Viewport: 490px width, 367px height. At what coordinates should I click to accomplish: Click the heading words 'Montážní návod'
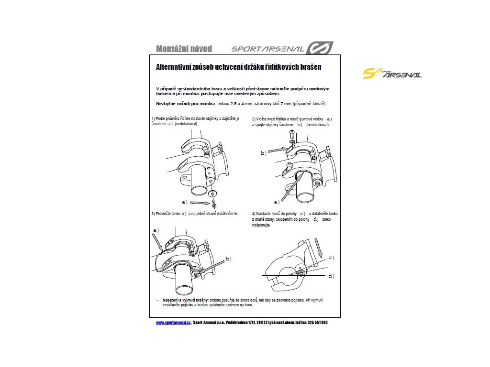184,49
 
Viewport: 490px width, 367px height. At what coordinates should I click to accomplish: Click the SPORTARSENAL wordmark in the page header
268,49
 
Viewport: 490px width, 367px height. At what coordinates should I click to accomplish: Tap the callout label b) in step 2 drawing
263,153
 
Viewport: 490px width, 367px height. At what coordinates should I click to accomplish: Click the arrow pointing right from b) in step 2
277,150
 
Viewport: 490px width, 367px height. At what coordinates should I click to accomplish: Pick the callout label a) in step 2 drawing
276,202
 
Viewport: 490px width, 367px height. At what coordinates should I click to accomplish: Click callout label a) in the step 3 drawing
156,230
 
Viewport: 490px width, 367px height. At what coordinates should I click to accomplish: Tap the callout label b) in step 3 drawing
229,259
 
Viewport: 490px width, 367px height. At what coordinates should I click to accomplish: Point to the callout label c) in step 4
331,258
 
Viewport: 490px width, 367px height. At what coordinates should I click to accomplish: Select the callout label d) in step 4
331,276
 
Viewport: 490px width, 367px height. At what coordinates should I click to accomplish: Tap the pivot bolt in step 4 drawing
301,274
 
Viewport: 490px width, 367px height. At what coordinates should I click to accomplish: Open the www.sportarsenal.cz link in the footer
174,323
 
